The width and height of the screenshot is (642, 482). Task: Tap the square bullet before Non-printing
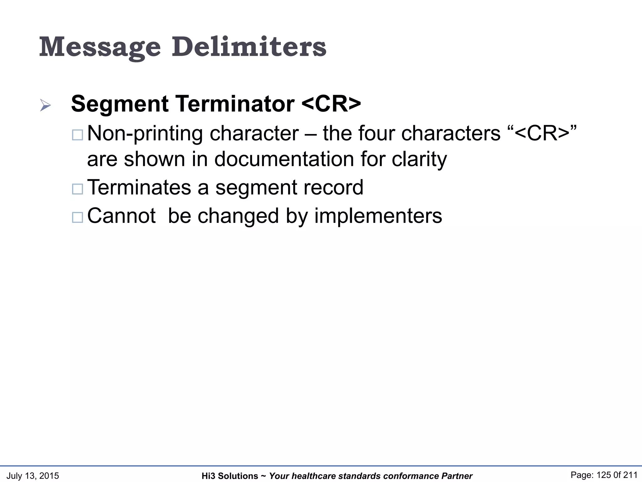(77, 135)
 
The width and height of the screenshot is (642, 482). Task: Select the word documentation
(284, 159)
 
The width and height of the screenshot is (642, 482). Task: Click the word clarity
(419, 159)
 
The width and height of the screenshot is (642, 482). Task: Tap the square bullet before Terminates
(77, 189)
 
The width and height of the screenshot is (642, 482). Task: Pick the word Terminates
(139, 187)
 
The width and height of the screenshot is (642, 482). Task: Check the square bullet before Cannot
(77, 217)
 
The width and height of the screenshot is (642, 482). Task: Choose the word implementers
(378, 216)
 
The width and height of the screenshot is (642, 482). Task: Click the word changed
(238, 216)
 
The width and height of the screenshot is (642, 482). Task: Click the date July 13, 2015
(33, 476)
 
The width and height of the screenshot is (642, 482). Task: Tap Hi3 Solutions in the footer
(230, 476)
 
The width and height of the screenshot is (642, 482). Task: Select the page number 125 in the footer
(604, 475)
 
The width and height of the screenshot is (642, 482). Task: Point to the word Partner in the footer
(457, 476)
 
